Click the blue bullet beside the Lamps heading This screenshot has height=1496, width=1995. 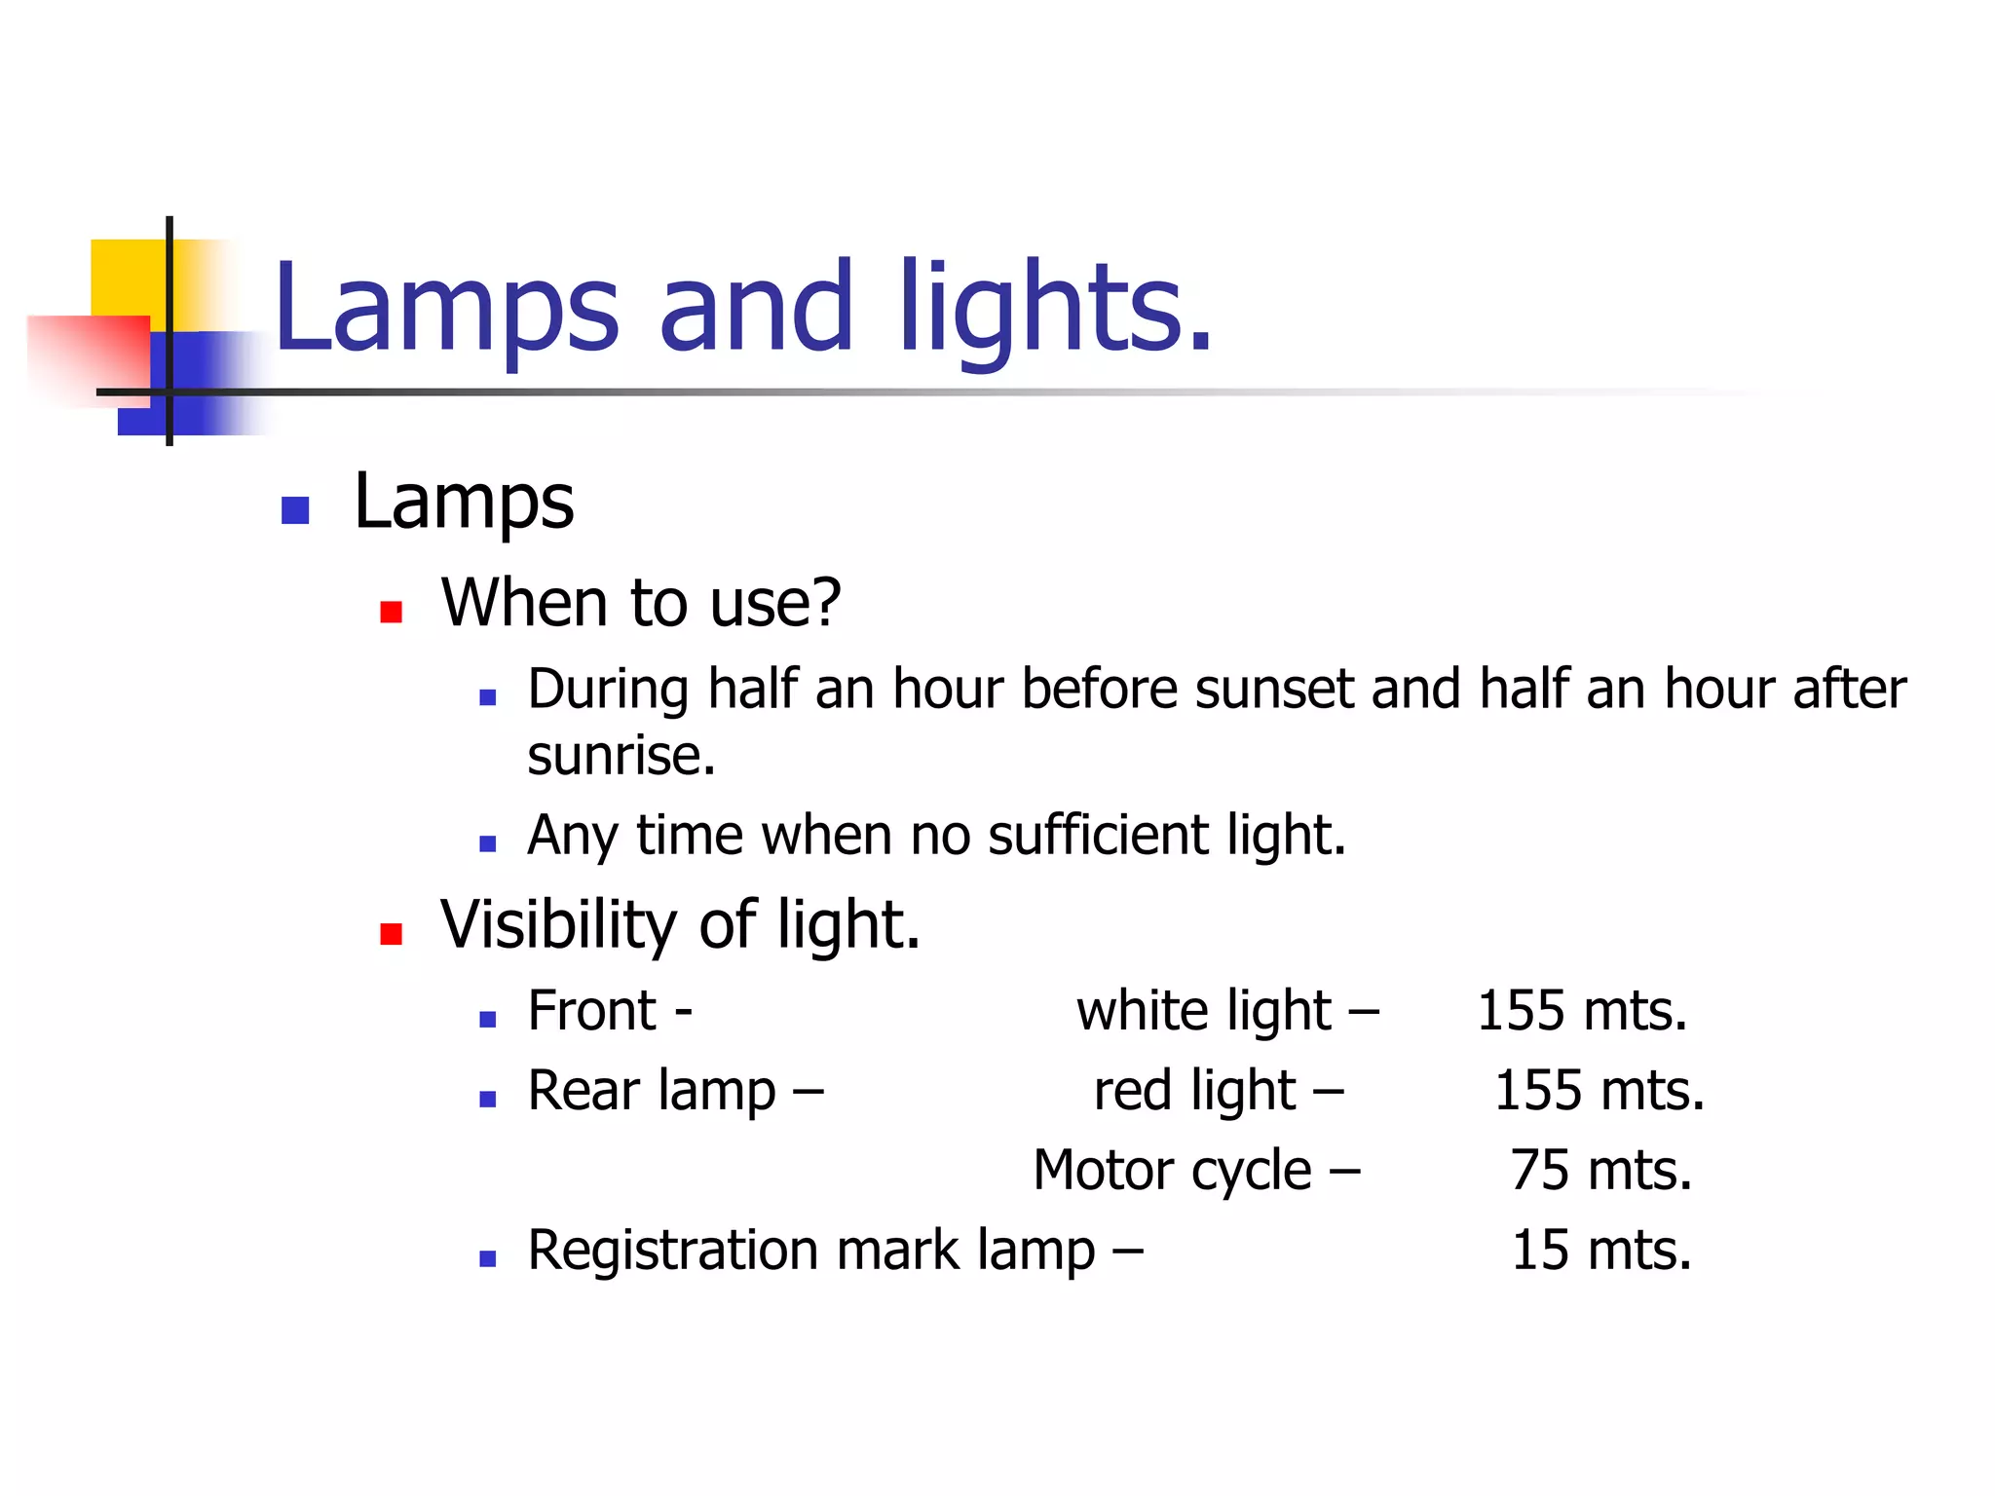click(x=294, y=510)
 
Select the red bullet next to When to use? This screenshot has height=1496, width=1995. click(x=391, y=612)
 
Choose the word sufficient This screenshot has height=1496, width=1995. click(x=1098, y=836)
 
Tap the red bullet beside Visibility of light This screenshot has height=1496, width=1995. click(x=391, y=934)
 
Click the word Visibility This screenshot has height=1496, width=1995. click(x=558, y=925)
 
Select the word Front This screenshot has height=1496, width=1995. click(x=591, y=1011)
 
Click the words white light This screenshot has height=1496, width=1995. click(x=1204, y=1011)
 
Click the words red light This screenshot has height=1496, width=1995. click(x=1195, y=1091)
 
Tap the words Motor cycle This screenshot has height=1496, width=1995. click(x=1173, y=1171)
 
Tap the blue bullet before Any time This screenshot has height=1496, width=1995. click(x=488, y=843)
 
